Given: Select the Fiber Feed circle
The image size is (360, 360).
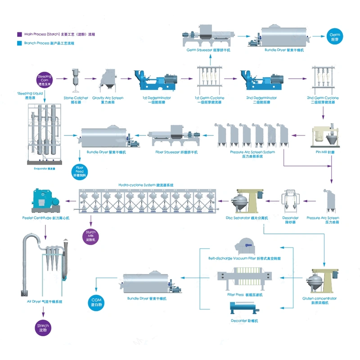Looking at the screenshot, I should pos(79,171).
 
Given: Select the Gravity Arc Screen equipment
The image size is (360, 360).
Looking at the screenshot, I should pos(108,81).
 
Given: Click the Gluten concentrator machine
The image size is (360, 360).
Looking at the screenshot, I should pos(325,279).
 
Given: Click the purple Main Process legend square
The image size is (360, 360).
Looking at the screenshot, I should pos(19,34).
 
